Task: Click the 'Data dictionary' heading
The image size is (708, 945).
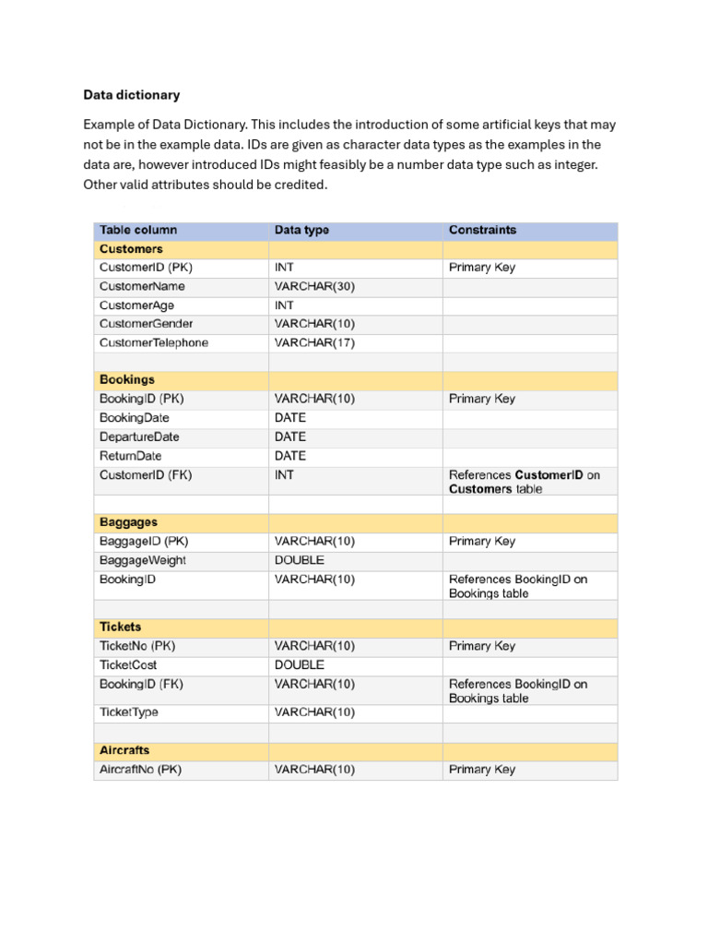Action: [x=132, y=95]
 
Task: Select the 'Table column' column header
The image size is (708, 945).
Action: [x=138, y=230]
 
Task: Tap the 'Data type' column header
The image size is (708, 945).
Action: [x=301, y=230]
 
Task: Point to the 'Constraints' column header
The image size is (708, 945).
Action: [x=482, y=230]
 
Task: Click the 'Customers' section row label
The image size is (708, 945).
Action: [x=131, y=249]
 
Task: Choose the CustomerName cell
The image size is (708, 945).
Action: [x=142, y=286]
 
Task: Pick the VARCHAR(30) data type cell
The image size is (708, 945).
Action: [x=314, y=286]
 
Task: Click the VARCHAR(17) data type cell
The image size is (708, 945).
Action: [x=314, y=342]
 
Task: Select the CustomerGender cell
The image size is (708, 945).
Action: [x=147, y=324]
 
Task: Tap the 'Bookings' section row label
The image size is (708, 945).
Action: [x=127, y=379]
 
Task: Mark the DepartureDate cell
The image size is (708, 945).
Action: [x=139, y=437]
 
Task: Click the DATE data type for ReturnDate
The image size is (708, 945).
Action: [x=290, y=456]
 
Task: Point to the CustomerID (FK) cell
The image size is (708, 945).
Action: [x=146, y=475]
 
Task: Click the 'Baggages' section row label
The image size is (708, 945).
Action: [x=128, y=522]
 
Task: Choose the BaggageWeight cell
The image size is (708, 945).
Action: [x=143, y=560]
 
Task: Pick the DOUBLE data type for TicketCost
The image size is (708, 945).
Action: [x=300, y=664]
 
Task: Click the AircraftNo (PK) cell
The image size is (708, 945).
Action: [x=140, y=769]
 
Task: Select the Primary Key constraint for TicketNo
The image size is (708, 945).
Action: [x=482, y=646]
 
